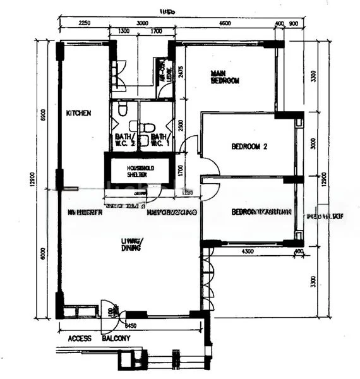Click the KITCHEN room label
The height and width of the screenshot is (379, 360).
click(79, 113)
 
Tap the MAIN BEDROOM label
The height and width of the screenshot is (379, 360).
click(225, 78)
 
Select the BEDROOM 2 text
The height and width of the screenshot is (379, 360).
click(250, 147)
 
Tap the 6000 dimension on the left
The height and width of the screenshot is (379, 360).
click(43, 253)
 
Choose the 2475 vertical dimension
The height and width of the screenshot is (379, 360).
click(181, 71)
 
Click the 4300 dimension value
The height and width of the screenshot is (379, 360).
click(248, 253)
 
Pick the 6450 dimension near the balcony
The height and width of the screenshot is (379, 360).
click(130, 326)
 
